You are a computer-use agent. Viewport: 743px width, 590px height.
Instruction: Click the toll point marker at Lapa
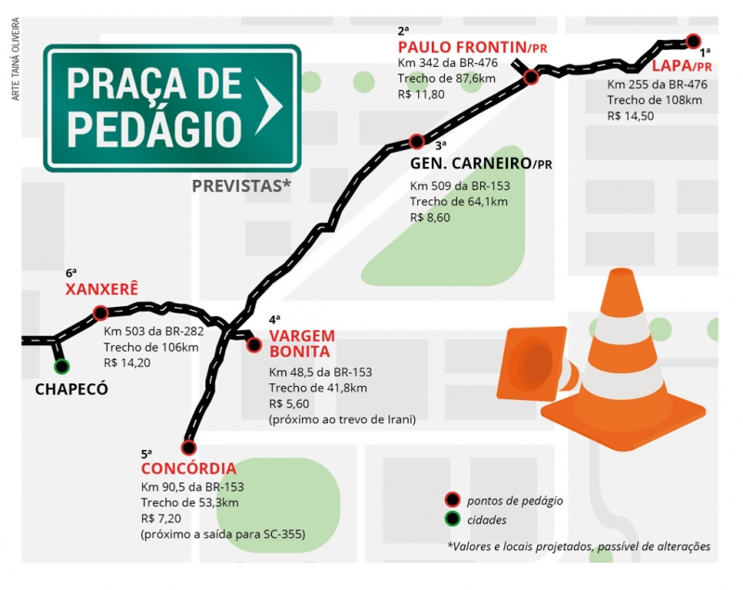(x=693, y=41)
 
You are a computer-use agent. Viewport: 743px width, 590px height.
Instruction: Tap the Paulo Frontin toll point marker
(x=531, y=78)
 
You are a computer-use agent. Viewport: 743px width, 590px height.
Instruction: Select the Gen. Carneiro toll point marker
(x=417, y=142)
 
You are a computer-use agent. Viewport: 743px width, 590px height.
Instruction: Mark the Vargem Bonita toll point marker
(x=254, y=345)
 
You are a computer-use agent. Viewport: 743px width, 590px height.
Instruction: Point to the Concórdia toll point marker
(x=189, y=446)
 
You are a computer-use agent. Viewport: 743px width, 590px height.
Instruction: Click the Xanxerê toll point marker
(x=100, y=314)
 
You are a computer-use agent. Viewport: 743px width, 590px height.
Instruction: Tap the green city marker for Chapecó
(x=62, y=366)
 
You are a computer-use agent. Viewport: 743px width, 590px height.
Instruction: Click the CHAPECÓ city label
(x=72, y=390)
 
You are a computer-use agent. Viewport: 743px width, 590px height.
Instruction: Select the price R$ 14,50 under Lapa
(x=631, y=116)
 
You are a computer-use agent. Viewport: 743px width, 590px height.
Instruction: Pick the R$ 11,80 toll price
(x=421, y=95)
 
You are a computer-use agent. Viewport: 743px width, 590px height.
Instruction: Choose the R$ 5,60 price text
(x=289, y=404)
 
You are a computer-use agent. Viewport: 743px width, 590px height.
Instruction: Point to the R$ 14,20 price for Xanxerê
(x=126, y=363)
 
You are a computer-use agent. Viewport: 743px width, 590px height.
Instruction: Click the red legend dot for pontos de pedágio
(x=452, y=500)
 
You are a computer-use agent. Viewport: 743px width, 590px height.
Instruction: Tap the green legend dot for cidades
(x=452, y=519)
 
